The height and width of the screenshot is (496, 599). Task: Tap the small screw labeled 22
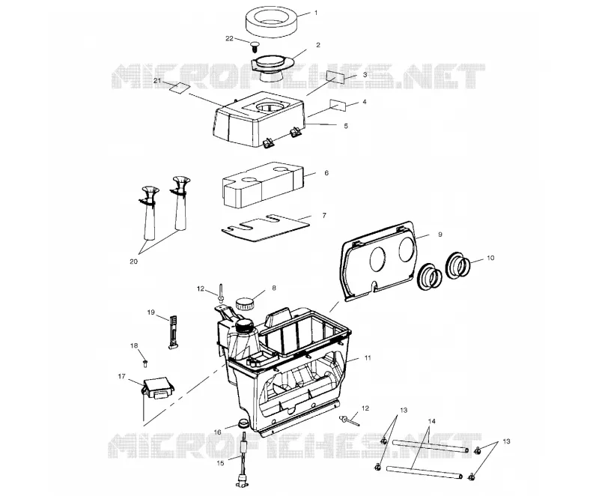tap(255, 46)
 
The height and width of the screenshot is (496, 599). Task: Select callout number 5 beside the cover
tap(346, 126)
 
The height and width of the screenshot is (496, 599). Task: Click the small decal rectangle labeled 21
tap(180, 88)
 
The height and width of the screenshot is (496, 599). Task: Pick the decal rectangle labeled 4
tap(338, 105)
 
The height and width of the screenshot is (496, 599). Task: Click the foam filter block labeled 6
tap(263, 185)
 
